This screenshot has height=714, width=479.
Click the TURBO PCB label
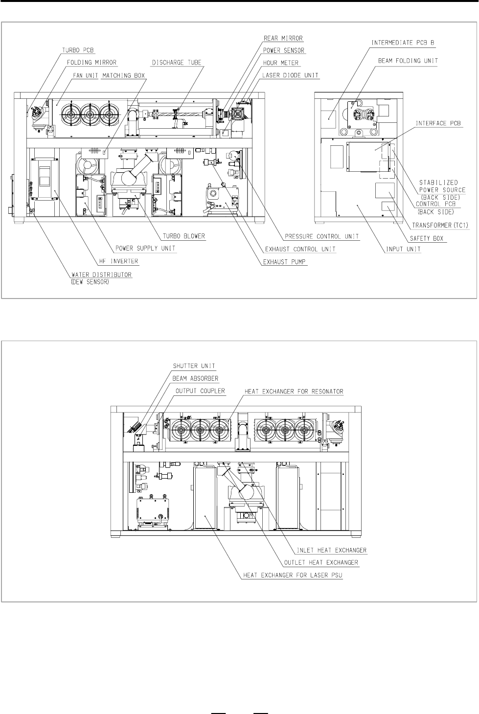coord(78,50)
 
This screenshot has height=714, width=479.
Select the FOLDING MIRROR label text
coord(92,63)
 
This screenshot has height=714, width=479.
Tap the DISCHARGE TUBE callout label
coord(177,63)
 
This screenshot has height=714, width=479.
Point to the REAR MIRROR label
coord(283,38)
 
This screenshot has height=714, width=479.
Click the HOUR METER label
coord(281,63)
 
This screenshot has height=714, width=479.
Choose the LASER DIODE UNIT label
coord(290,75)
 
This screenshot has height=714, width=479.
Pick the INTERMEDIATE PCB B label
coord(403,43)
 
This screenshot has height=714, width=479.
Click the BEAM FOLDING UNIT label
coord(408,61)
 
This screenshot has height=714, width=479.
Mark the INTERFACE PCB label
coord(438,123)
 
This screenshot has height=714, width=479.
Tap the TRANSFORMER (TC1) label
coord(440,225)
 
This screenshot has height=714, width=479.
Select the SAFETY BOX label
coord(427,238)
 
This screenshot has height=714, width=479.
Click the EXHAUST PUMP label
coord(284,262)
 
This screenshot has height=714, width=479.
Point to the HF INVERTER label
coord(118,261)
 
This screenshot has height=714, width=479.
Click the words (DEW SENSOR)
coord(90,282)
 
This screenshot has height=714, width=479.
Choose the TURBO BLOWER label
coord(184,236)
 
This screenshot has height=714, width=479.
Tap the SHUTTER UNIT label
coord(194,366)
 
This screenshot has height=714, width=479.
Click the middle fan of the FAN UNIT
coord(90,114)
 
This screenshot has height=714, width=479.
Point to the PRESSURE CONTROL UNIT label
coord(322,236)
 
